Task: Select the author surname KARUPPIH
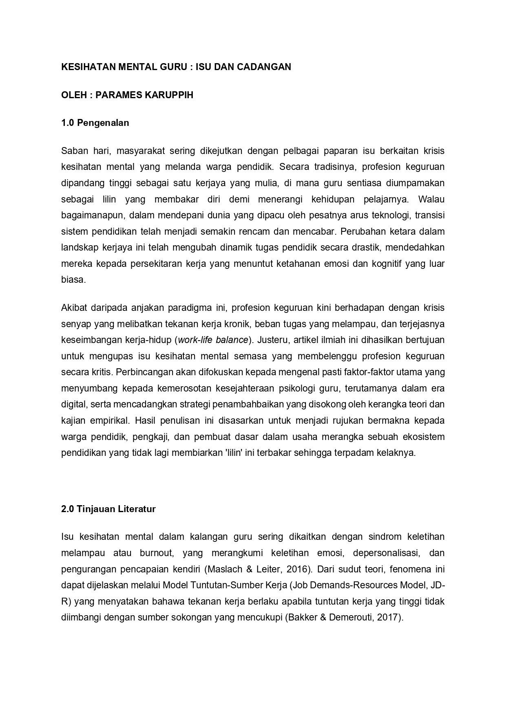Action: click(x=169, y=95)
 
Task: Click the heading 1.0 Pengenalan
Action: click(x=95, y=123)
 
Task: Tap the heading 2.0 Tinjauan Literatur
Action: click(x=108, y=509)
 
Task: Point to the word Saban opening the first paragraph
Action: click(x=72, y=151)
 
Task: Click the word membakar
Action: click(x=177, y=200)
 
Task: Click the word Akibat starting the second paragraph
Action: click(x=74, y=308)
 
